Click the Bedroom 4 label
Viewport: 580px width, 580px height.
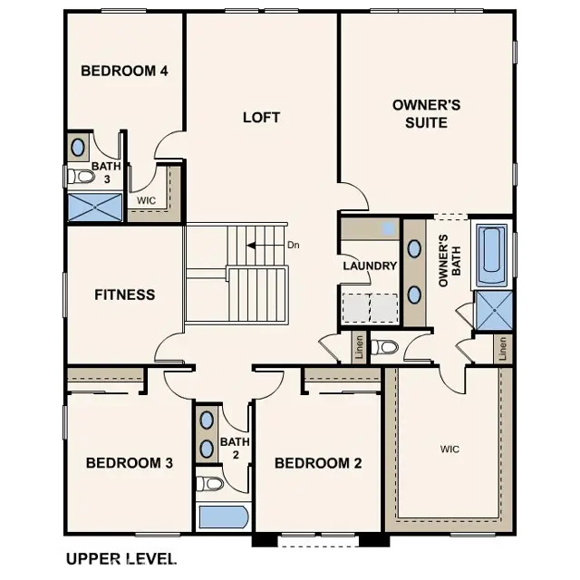[x=124, y=71]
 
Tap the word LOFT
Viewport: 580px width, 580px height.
[x=261, y=117]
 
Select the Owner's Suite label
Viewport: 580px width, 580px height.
[x=426, y=113]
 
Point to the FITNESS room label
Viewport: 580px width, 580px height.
[x=125, y=295]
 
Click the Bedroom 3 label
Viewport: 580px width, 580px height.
[x=130, y=463]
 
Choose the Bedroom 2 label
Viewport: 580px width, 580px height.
[x=318, y=463]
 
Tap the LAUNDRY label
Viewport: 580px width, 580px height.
[x=370, y=266]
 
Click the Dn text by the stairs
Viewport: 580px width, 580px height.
[x=294, y=245]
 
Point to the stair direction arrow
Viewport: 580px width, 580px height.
[x=265, y=245]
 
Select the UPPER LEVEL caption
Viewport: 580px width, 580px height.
[x=121, y=559]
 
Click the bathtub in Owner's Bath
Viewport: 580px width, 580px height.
[x=492, y=256]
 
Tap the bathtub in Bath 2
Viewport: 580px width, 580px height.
[x=223, y=517]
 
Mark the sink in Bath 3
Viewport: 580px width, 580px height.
[x=78, y=147]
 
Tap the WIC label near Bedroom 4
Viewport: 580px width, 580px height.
[x=147, y=199]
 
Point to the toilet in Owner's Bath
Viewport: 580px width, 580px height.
[x=386, y=347]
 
